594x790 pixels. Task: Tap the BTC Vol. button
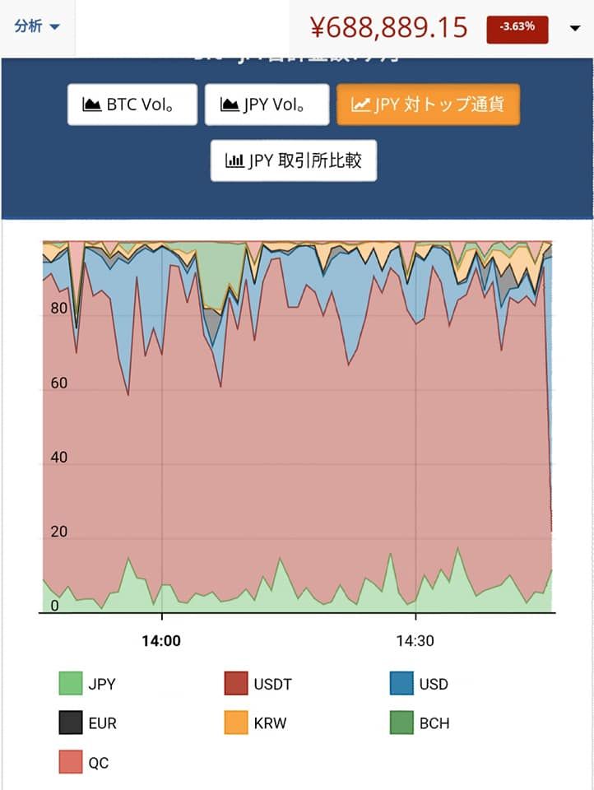click(x=132, y=105)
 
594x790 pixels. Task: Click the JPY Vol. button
click(x=267, y=105)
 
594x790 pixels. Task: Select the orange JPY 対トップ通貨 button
click(x=428, y=105)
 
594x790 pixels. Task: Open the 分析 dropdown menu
click(x=37, y=26)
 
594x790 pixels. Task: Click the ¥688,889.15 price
click(x=389, y=27)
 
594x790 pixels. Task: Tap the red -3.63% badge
click(x=517, y=27)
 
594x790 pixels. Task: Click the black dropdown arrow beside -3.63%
click(x=575, y=29)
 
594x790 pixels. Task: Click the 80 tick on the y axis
click(x=58, y=309)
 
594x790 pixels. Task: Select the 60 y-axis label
click(x=58, y=383)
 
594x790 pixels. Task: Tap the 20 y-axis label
click(x=58, y=532)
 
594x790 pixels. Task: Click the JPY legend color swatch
click(x=71, y=684)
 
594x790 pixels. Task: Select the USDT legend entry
click(x=258, y=684)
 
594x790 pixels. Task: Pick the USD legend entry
click(x=420, y=684)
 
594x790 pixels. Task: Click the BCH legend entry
click(x=420, y=723)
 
